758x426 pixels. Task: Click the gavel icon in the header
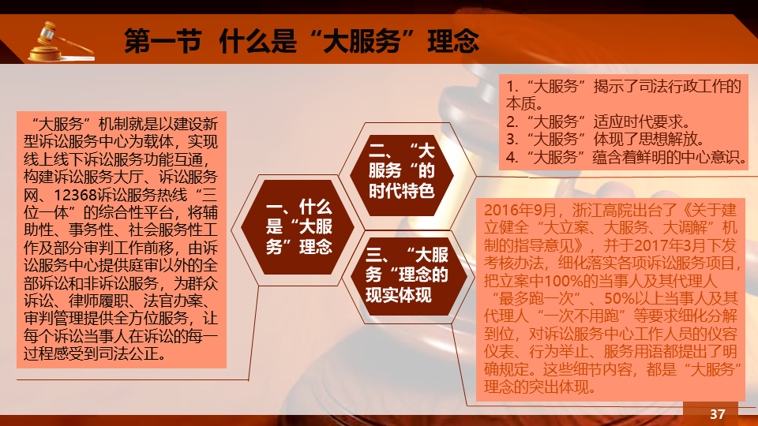(61, 42)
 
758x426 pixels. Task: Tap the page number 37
(718, 414)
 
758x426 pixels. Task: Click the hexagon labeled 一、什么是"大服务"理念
(298, 227)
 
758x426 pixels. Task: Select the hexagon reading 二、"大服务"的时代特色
(401, 171)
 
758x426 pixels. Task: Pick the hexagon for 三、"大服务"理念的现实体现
(407, 275)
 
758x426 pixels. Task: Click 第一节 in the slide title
(163, 40)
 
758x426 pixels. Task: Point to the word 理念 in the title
(453, 40)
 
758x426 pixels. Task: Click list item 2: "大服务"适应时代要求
(599, 121)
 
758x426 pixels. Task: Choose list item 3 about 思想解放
(606, 139)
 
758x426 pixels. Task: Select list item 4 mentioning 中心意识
(627, 157)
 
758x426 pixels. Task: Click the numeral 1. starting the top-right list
(512, 86)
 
